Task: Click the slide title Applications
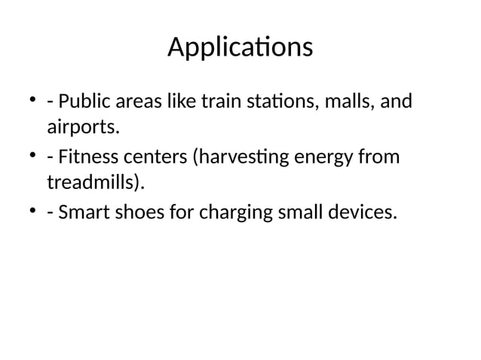click(240, 47)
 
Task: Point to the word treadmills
click(97, 184)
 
